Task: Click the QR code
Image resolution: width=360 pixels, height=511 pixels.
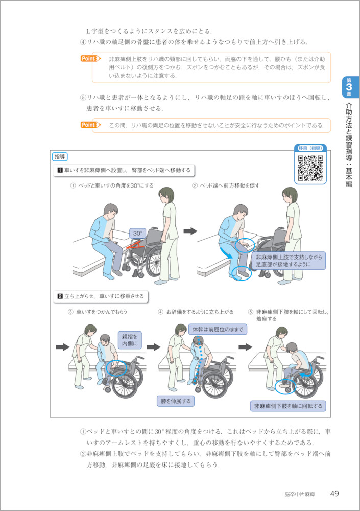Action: (x=310, y=168)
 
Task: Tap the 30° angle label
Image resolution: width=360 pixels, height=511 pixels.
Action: (x=137, y=233)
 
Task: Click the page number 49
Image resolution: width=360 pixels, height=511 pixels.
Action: (x=334, y=494)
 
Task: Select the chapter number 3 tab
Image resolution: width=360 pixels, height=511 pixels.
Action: (x=349, y=87)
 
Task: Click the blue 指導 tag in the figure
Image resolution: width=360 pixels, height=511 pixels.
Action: (x=60, y=157)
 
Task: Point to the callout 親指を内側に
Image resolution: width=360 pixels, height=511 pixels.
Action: (x=130, y=340)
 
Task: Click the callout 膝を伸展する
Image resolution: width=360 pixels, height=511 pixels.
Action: (x=176, y=401)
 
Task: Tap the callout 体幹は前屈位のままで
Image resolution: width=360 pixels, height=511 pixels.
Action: (x=218, y=329)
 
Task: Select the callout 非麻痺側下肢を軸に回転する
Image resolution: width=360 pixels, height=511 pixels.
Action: (x=288, y=406)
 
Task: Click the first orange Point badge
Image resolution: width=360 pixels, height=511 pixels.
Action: (x=90, y=59)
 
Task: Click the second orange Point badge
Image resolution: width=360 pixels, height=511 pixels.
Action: (x=90, y=125)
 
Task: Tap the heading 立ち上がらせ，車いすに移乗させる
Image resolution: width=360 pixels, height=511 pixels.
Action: (x=101, y=296)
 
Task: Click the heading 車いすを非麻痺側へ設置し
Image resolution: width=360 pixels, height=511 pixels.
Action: (x=124, y=170)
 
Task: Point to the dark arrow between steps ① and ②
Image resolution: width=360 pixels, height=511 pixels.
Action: (x=190, y=231)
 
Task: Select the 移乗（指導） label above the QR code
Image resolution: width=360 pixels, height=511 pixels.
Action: (x=310, y=148)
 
